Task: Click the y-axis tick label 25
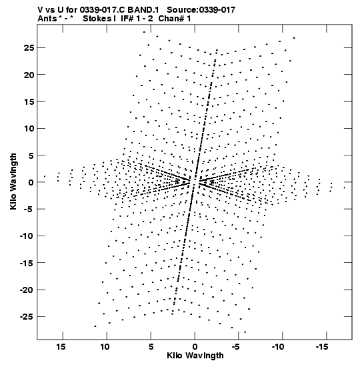tap(29, 48)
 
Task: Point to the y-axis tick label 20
tap(29, 75)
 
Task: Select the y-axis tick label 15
tap(29, 101)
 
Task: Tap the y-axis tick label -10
tap(27, 236)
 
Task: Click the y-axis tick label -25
tap(27, 317)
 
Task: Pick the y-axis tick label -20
tap(27, 290)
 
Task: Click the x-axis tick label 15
tap(61, 347)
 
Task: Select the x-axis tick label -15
tap(322, 347)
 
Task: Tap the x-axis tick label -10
tap(278, 347)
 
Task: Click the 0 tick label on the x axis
tap(195, 347)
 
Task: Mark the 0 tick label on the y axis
tap(31, 182)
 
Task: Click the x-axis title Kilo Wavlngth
tap(195, 356)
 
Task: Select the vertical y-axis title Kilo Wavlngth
tap(13, 181)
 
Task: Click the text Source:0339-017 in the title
tap(201, 10)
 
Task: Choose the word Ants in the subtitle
tap(47, 19)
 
